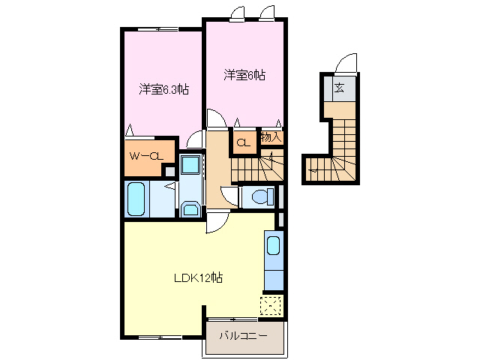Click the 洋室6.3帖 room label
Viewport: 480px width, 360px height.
[163, 89]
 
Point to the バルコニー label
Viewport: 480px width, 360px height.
[243, 336]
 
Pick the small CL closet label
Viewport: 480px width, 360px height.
[244, 142]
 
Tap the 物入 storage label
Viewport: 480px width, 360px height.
[271, 137]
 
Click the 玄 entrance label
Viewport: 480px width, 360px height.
[339, 89]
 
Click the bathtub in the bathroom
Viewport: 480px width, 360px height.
[137, 199]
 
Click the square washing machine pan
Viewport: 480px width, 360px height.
[190, 164]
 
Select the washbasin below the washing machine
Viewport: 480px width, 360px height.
[190, 208]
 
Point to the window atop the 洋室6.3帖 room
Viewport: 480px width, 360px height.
[157, 29]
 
